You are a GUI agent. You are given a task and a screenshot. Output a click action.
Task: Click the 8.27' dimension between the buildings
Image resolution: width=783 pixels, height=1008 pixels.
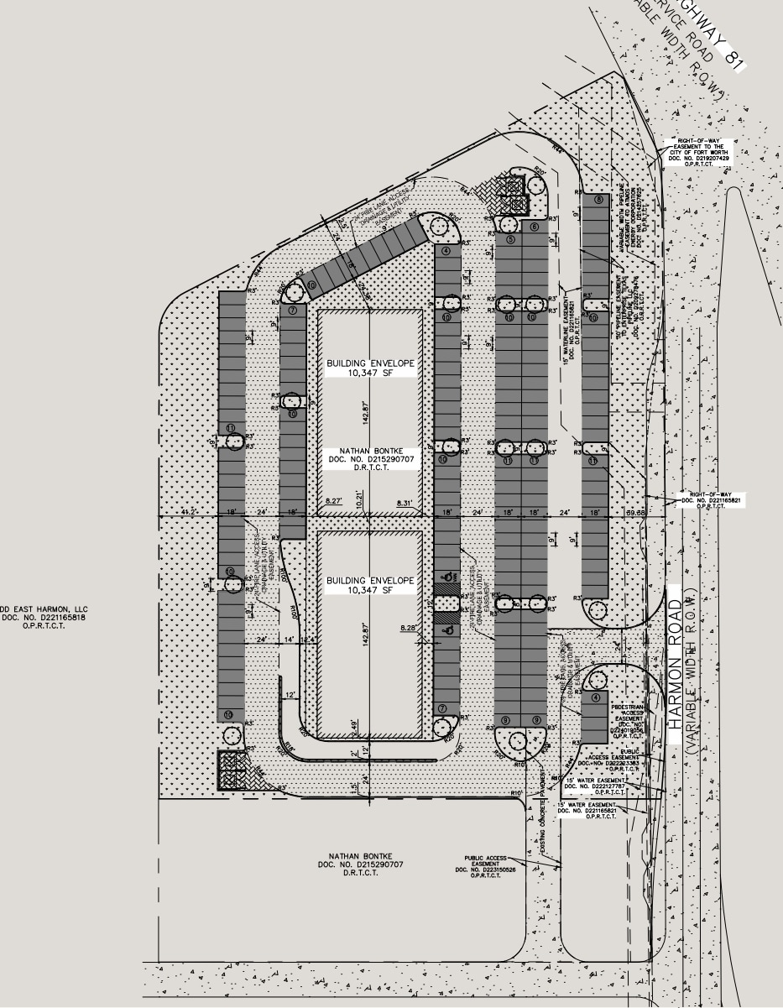pos(334,501)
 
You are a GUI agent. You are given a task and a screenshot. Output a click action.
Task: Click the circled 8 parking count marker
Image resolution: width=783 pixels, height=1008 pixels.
pos(598,200)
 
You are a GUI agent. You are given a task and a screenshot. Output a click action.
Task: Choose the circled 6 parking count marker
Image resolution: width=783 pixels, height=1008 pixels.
pos(534,227)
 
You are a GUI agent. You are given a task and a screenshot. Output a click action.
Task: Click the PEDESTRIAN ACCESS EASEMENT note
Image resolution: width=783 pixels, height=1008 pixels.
pos(630,718)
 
